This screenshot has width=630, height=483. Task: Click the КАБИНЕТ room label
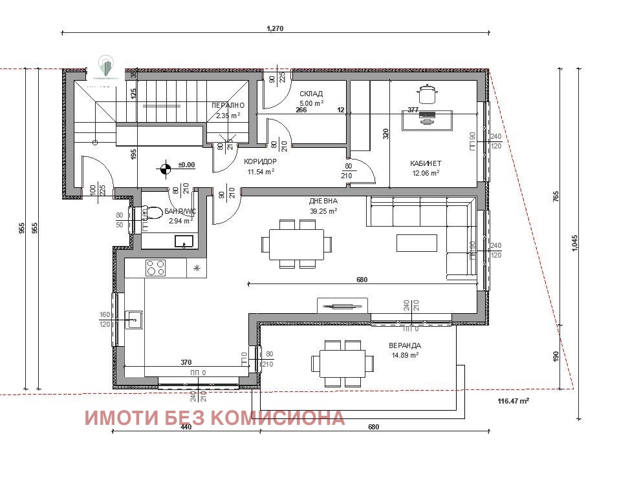pyautogui.click(x=425, y=163)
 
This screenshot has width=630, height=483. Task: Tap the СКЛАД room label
pyautogui.click(x=311, y=94)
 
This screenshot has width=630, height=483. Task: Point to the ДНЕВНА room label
pyautogui.click(x=323, y=201)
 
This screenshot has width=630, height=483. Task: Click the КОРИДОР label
pyautogui.click(x=260, y=162)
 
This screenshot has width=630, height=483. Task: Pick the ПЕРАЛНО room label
pyautogui.click(x=228, y=105)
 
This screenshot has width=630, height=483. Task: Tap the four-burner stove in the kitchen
pyautogui.click(x=156, y=267)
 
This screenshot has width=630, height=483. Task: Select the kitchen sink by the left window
pyautogui.click(x=135, y=318)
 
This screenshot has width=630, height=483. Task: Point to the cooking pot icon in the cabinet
pyautogui.click(x=427, y=94)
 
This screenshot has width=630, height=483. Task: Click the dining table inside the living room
pyautogui.click(x=297, y=243)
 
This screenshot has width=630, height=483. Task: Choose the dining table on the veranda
pyautogui.click(x=342, y=364)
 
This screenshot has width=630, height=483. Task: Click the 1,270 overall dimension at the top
pyautogui.click(x=276, y=28)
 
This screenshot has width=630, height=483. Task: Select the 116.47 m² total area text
pyautogui.click(x=514, y=401)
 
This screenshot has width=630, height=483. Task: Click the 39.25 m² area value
pyautogui.click(x=323, y=211)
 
